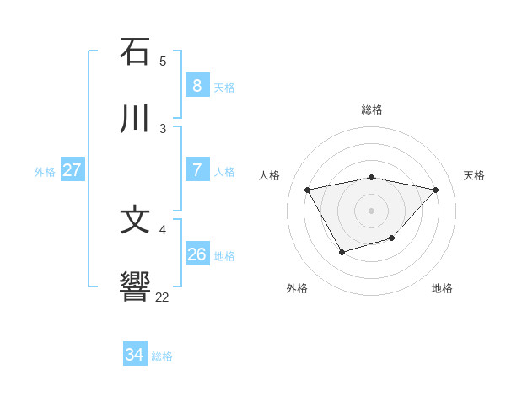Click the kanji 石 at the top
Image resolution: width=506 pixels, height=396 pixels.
coord(136,51)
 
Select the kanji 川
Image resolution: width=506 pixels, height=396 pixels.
coord(136,119)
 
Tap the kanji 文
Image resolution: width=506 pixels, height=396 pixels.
coord(136,220)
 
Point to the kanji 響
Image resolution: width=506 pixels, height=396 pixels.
coord(136,287)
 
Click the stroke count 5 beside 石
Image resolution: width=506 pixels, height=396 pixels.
coord(163,62)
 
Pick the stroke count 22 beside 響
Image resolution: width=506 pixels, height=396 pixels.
coord(163,297)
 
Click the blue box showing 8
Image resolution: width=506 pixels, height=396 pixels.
coord(196,86)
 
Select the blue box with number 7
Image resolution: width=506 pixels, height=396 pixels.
coord(196,170)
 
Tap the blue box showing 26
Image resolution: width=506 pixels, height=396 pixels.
coord(196,254)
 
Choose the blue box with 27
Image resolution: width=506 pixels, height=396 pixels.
coord(72,170)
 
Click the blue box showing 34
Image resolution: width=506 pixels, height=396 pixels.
coord(134,356)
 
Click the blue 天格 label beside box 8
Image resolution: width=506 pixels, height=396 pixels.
coord(224,88)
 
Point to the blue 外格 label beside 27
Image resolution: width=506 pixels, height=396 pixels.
coord(45,172)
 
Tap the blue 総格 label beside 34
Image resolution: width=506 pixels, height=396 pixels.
coord(162,356)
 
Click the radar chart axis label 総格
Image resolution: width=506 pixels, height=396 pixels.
coord(372,110)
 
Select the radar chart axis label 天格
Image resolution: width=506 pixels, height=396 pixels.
coord(475,175)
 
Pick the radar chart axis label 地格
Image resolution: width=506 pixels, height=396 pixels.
coord(442,288)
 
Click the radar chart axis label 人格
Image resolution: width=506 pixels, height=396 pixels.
coord(270,175)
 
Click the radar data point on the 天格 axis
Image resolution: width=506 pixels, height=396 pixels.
coord(435,190)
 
